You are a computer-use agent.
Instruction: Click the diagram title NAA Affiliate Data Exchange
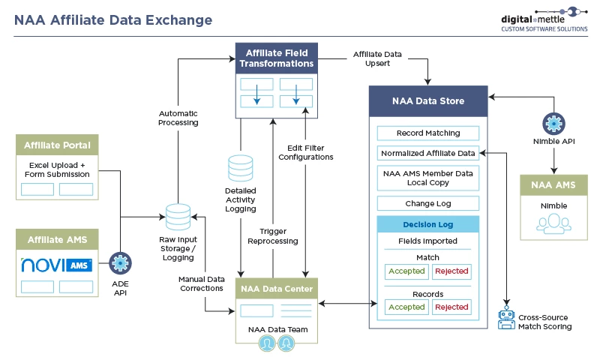point(113,20)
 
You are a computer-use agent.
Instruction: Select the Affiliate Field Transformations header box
point(275,58)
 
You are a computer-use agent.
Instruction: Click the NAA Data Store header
point(428,100)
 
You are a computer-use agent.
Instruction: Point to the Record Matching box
point(428,133)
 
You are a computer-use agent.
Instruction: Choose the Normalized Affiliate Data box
point(428,153)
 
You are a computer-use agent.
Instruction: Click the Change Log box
point(428,203)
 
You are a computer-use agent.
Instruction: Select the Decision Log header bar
point(428,224)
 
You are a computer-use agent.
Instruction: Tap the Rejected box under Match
point(451,271)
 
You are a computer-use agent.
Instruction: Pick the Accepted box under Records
point(406,307)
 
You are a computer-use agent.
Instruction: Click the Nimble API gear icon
point(553,123)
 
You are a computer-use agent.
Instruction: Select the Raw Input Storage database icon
point(178,217)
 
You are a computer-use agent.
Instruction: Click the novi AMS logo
point(57,265)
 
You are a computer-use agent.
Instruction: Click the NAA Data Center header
point(276,288)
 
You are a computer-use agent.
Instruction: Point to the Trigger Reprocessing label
point(273,236)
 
